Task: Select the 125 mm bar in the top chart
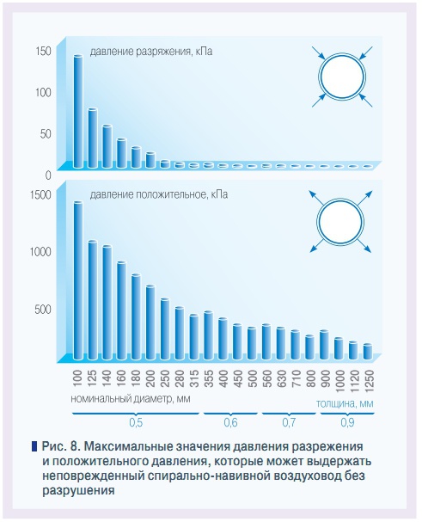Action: (92, 138)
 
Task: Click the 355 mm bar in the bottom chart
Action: (208, 335)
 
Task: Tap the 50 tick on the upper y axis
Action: (46, 133)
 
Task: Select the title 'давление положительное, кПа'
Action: (158, 195)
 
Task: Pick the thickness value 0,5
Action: (136, 422)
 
